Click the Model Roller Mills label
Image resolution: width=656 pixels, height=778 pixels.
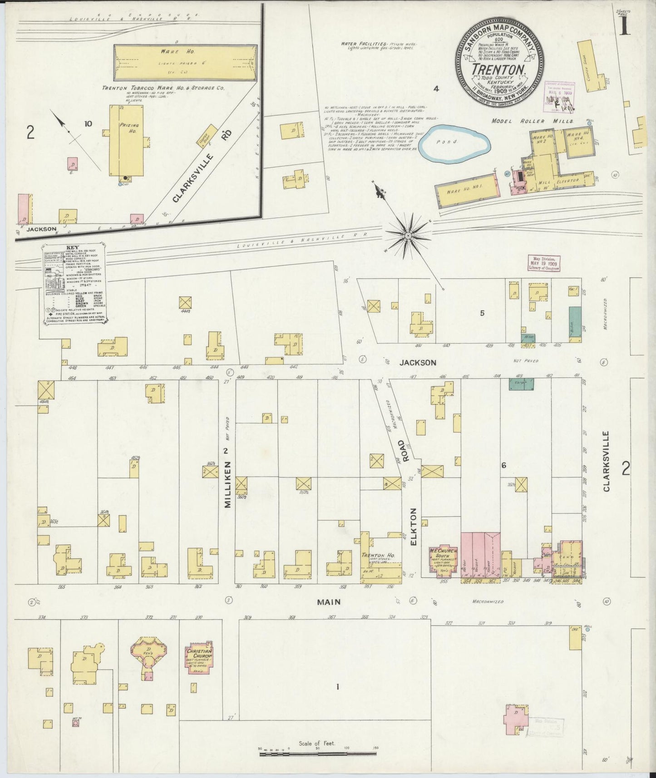pyautogui.click(x=533, y=121)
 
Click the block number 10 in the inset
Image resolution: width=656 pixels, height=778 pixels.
pyautogui.click(x=88, y=123)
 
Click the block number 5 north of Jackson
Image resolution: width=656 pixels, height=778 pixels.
pyautogui.click(x=482, y=313)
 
